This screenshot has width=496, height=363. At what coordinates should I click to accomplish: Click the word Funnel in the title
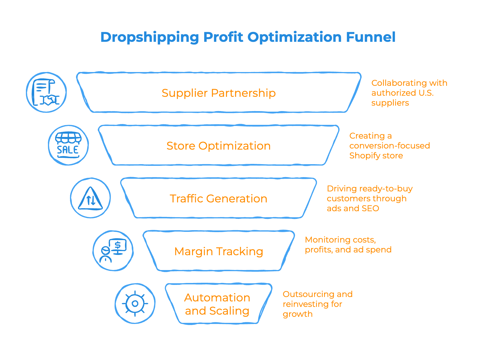[371, 37]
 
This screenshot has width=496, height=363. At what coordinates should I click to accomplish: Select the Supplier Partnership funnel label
[219, 93]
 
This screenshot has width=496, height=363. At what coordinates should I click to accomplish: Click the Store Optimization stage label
[219, 146]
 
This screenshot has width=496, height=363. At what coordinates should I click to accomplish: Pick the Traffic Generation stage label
[219, 199]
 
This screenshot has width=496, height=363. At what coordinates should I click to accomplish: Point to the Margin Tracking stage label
[219, 251]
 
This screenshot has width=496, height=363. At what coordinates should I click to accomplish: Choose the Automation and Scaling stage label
[217, 304]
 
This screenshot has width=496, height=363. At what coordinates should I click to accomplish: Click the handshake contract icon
[46, 92]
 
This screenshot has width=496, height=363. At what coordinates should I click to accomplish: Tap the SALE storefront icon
[68, 145]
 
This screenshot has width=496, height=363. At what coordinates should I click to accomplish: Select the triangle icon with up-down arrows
[90, 198]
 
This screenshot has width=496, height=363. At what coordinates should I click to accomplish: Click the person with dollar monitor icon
[113, 251]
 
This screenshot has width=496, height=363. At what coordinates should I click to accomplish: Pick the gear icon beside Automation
[135, 303]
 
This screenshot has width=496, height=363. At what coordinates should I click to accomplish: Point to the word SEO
[370, 208]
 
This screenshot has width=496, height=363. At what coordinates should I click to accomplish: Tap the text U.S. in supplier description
[426, 93]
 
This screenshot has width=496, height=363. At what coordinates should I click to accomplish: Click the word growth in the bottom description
[298, 314]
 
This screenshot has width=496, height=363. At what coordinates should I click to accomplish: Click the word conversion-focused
[390, 146]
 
